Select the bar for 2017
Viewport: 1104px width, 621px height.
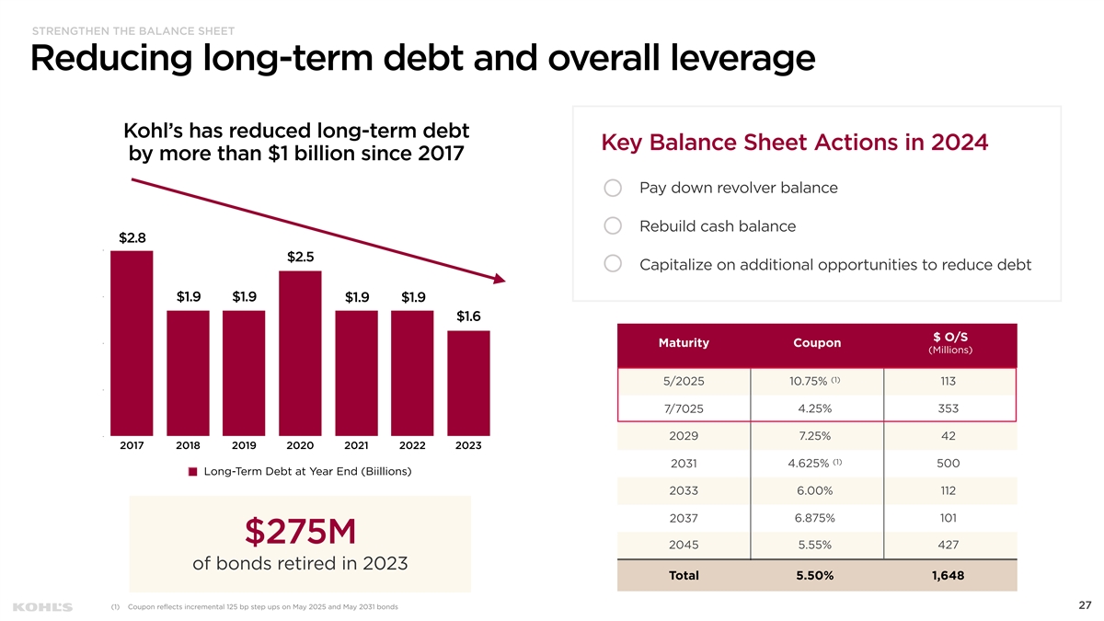pos(132,342)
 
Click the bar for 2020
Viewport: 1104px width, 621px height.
pos(300,352)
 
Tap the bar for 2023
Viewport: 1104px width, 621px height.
pos(468,383)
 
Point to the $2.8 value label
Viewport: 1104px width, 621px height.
pos(132,237)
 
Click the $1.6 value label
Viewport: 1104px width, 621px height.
pos(468,316)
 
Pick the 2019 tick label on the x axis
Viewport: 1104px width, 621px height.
pos(244,446)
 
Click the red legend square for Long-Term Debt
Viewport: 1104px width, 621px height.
pos(193,472)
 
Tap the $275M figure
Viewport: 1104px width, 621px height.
pos(300,531)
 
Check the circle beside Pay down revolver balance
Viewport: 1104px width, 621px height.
pos(614,188)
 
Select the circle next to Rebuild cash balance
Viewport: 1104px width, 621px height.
pos(614,226)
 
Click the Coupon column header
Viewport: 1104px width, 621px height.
pos(817,343)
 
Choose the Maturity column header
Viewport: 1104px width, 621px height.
pos(684,343)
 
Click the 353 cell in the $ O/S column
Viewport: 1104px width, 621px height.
pos(949,408)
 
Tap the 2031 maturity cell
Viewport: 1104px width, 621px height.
pos(684,463)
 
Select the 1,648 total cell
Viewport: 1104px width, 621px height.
pos(949,576)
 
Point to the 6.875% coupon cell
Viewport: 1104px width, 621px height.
pos(816,517)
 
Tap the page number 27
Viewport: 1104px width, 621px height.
pos(1084,605)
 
